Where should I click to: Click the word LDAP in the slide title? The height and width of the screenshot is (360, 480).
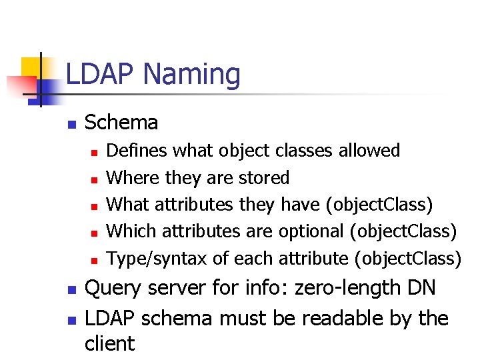(96, 74)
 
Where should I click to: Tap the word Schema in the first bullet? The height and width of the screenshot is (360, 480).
(122, 123)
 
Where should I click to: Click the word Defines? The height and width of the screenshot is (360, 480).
(137, 151)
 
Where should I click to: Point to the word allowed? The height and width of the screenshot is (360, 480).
(369, 151)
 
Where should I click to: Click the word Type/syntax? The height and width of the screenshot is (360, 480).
(157, 259)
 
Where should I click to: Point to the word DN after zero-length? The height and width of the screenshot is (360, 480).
(421, 289)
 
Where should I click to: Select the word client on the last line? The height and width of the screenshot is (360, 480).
(109, 343)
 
